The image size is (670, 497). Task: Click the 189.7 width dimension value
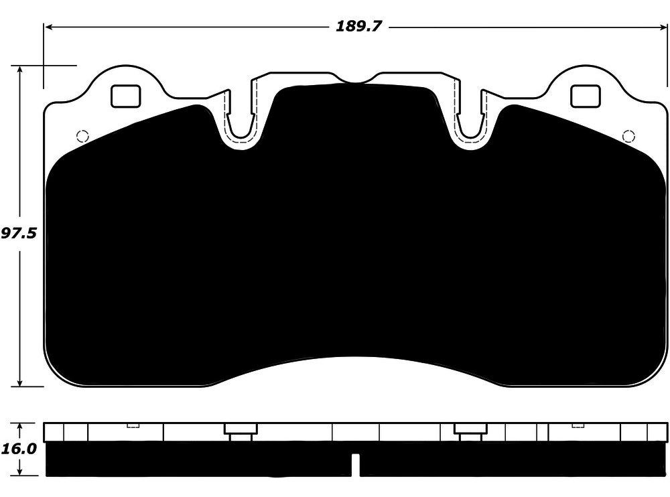[x=358, y=27]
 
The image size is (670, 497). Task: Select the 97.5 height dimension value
[x=19, y=233]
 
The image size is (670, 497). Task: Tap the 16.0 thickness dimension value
[x=18, y=449]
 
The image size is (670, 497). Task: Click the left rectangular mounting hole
[x=126, y=96]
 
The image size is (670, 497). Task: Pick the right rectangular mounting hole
[x=586, y=96]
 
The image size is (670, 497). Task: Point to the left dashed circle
[x=82, y=137]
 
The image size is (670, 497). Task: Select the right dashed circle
[x=628, y=137]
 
